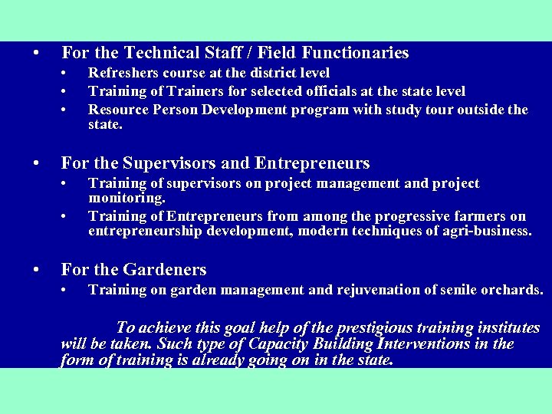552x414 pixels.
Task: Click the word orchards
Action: (513, 290)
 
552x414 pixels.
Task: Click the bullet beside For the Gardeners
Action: (35, 270)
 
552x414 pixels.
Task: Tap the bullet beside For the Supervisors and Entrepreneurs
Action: (35, 163)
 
